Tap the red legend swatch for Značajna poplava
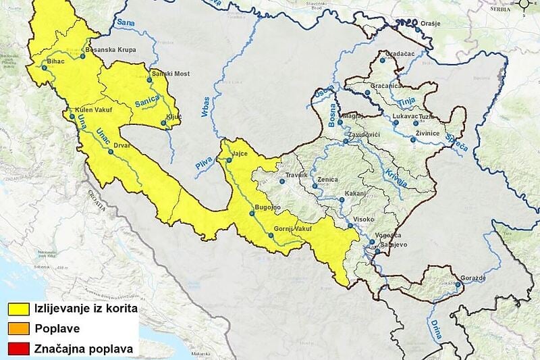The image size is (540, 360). pyautogui.click(x=20, y=349)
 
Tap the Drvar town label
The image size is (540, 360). pyautogui.click(x=122, y=145)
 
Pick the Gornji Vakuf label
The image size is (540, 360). pyautogui.click(x=293, y=229)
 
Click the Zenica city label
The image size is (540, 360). pyautogui.click(x=328, y=180)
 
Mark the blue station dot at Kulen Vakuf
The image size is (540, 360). pyautogui.click(x=72, y=115)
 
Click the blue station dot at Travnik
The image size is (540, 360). pyautogui.click(x=282, y=181)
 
